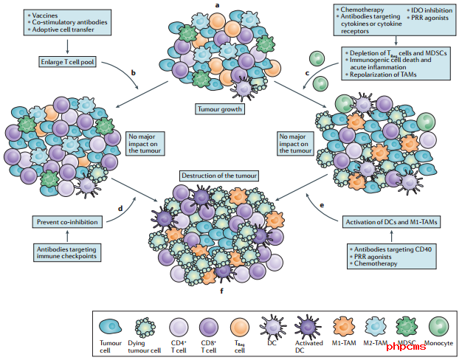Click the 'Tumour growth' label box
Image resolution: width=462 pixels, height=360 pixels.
pyautogui.click(x=220, y=109)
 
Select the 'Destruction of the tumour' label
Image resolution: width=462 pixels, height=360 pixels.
pyautogui.click(x=219, y=176)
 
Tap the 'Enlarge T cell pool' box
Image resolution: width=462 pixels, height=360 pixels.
pyautogui.click(x=67, y=62)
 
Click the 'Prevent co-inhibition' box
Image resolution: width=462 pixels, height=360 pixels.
pyautogui.click(x=67, y=222)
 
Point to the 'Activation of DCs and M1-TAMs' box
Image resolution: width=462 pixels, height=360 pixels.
pyautogui.click(x=391, y=222)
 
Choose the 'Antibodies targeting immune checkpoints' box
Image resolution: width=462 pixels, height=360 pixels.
pyautogui.click(x=67, y=252)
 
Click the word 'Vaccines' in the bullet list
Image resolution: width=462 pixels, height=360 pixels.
pyautogui.click(x=45, y=15)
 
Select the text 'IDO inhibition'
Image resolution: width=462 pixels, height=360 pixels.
pyautogui.click(x=432, y=10)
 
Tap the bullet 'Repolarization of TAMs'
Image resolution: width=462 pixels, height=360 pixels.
pyautogui.click(x=383, y=75)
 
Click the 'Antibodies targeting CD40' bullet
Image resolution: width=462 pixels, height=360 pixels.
pyautogui.click(x=393, y=249)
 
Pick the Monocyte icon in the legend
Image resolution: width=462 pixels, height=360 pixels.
pyautogui.click(x=438, y=327)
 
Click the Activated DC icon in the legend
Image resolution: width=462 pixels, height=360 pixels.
pyautogui.click(x=308, y=327)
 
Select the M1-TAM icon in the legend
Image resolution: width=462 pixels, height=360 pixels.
pyautogui.click(x=344, y=327)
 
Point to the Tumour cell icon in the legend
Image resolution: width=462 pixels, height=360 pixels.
pyautogui.click(x=111, y=327)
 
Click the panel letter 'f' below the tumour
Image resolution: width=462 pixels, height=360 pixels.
pyautogui.click(x=221, y=291)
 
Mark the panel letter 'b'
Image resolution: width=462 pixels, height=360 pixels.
pyautogui.click(x=133, y=72)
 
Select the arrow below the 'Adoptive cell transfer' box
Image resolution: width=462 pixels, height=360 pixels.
pyautogui.click(x=67, y=46)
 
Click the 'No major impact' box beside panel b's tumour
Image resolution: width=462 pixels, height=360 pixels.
pyautogui.click(x=145, y=143)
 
